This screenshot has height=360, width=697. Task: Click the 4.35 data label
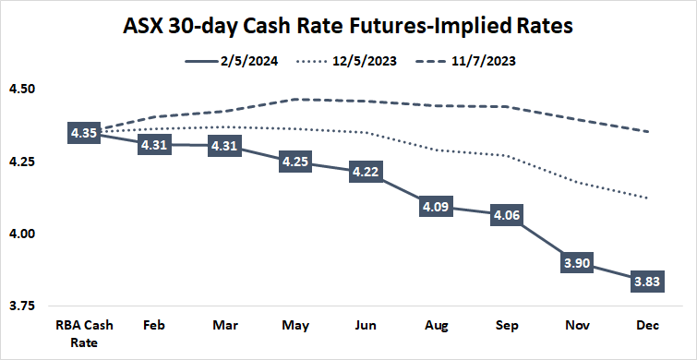point(84,133)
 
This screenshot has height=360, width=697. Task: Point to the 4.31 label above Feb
point(154,145)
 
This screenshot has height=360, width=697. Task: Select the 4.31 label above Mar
point(225,145)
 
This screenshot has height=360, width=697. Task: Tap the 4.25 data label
point(295,162)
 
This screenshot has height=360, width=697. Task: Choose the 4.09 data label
point(437,208)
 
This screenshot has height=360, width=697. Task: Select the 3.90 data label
point(577,262)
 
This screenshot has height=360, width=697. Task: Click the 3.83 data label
point(647,282)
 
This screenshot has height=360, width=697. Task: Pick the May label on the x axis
point(295,327)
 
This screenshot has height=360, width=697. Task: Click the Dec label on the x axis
point(647,327)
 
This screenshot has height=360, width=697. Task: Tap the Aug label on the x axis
point(437,327)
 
